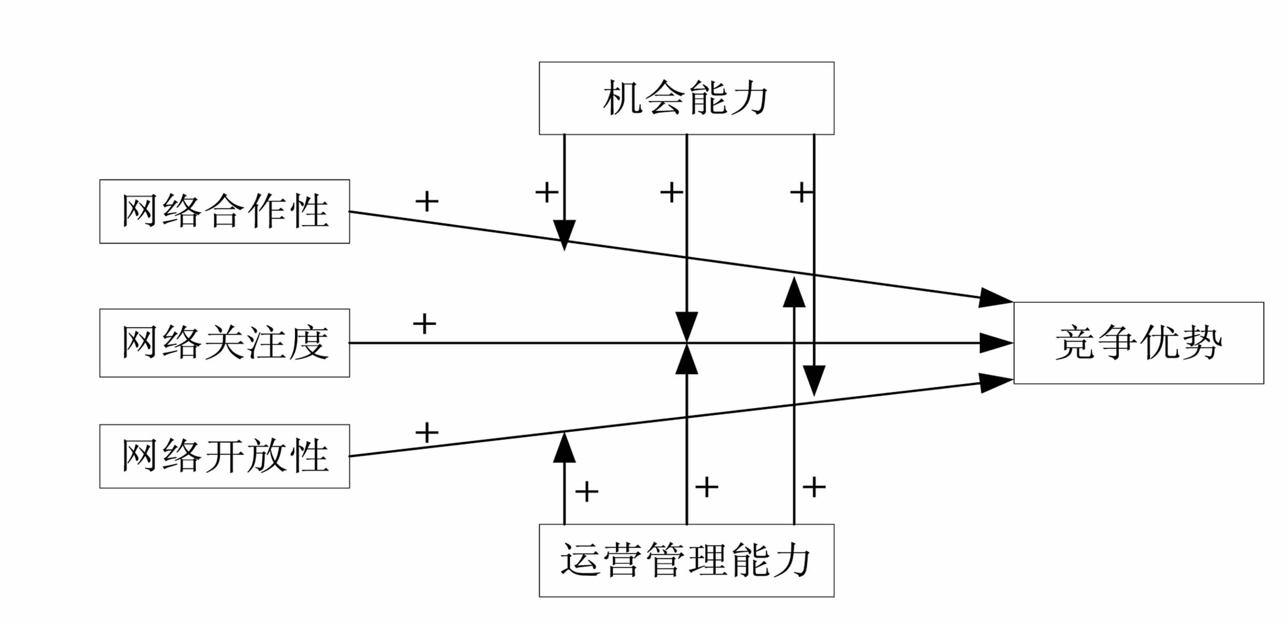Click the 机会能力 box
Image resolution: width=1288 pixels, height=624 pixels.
point(686,98)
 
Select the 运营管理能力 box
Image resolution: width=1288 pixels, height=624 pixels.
point(686,561)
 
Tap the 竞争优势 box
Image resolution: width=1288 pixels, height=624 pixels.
point(1138,343)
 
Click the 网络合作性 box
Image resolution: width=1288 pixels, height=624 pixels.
point(224,211)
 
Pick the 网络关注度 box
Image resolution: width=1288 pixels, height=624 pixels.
point(224,343)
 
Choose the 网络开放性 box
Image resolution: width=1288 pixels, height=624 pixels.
point(224,456)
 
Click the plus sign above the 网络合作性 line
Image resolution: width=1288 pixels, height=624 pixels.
point(427,201)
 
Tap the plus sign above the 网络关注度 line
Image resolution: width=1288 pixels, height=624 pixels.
point(424,324)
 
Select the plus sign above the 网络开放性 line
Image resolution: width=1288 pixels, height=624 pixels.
point(427,432)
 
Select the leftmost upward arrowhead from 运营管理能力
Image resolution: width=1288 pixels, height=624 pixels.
point(564,448)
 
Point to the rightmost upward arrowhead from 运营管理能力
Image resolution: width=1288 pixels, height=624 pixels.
point(794,293)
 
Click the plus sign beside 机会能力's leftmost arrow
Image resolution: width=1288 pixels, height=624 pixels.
point(547,192)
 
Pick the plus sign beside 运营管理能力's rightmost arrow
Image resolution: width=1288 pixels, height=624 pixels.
point(814,487)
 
